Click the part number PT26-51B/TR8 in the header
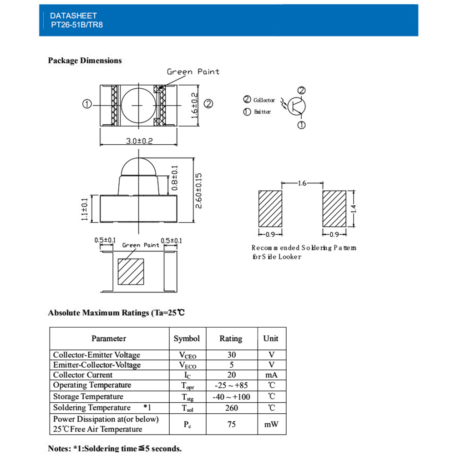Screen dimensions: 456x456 coord(77,25)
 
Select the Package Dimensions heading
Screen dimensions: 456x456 coord(85,61)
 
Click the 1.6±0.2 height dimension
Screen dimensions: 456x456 coord(195,104)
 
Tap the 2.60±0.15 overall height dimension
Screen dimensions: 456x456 coord(198,191)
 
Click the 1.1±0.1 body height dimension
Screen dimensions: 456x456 coord(84,209)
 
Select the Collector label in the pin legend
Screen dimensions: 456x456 coord(264,100)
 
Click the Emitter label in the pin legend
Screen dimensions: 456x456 coord(262,112)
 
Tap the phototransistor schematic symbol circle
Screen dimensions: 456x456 coord(297,106)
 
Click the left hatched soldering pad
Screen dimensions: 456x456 coord(271,209)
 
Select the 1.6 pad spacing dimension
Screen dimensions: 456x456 coord(302,183)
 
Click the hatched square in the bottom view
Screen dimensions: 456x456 coord(131,273)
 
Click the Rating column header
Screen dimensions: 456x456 coord(231,339)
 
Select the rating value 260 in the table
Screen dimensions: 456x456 coord(231,408)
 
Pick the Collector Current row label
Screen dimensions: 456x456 coord(83,375)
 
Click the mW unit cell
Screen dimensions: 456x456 coord(271,425)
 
